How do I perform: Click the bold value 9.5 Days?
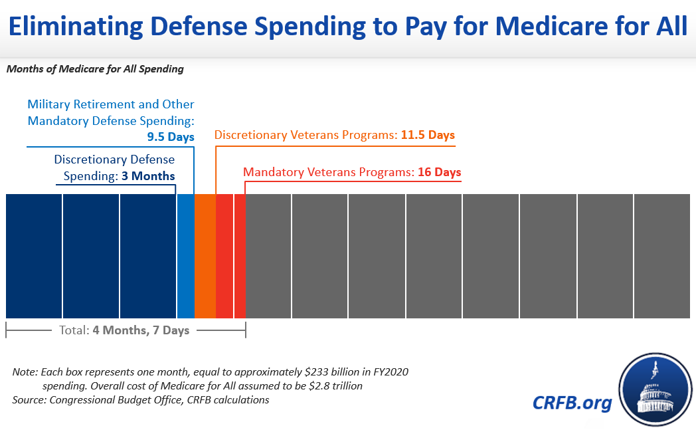[x=171, y=138]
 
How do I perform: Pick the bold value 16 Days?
[x=439, y=172]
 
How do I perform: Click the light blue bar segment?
[x=186, y=256]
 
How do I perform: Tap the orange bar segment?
[x=205, y=256]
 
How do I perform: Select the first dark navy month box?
[x=34, y=256]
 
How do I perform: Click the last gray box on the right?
[x=661, y=256]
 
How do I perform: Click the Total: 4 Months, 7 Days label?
[x=125, y=330]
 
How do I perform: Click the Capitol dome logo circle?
[x=655, y=391]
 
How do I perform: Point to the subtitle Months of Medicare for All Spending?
[x=95, y=68]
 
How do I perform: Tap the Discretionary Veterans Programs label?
[x=305, y=136]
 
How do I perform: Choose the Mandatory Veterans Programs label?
[x=329, y=172]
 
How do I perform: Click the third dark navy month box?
[x=147, y=256]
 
